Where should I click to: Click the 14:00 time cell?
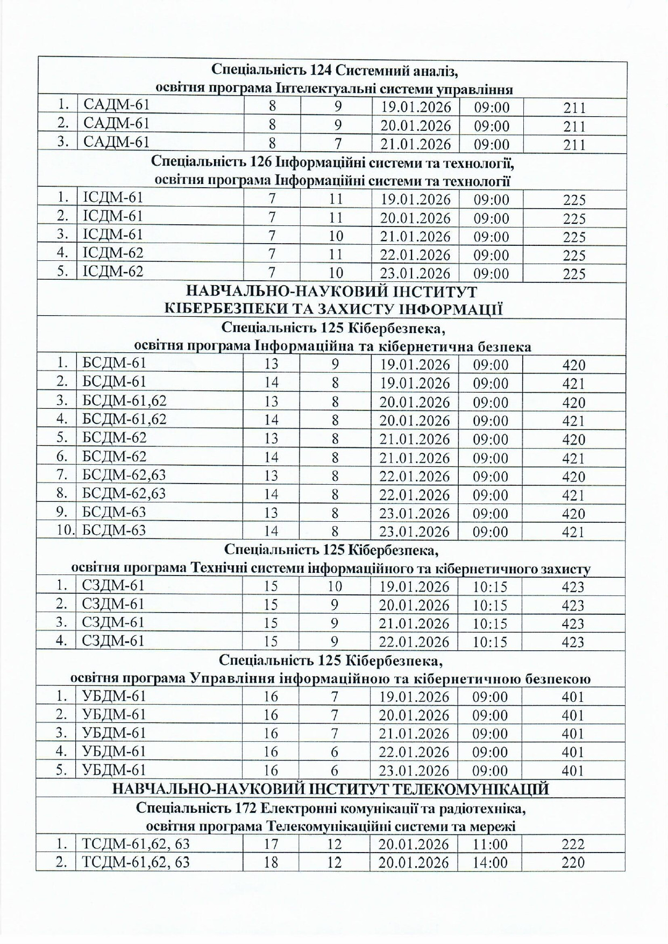[x=489, y=862]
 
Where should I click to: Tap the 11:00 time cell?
[x=489, y=844]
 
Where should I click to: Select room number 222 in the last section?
[x=572, y=844]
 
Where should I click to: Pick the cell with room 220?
[x=572, y=862]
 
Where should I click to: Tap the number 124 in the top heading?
[x=321, y=69]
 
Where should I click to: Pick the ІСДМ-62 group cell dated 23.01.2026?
[x=113, y=272]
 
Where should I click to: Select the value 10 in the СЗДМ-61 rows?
[x=335, y=586]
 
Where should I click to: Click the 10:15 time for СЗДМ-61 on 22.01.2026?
[x=489, y=642]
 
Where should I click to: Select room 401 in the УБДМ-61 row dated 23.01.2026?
[x=572, y=770]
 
